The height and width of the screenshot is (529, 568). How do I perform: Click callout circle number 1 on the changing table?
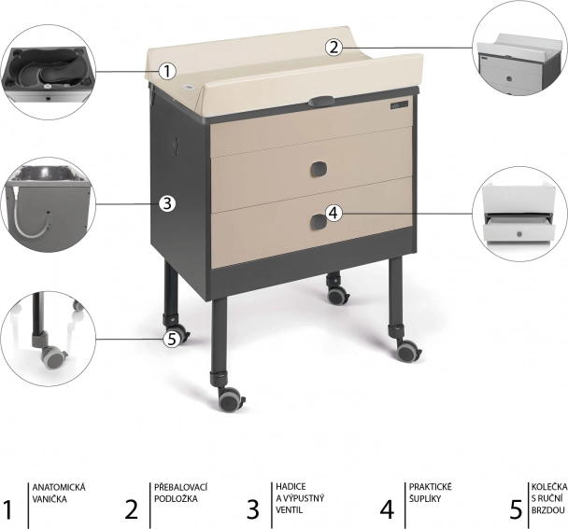coord(167,71)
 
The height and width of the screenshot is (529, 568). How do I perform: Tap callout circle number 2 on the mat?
coord(334,48)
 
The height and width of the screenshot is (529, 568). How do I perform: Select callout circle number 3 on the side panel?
coord(167,203)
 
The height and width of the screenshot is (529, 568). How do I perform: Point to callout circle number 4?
coord(334,213)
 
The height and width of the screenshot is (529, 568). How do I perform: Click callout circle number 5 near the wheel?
coord(172,340)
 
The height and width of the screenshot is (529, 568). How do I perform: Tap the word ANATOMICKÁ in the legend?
coord(59,487)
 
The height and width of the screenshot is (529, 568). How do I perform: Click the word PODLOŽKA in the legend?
coord(176,498)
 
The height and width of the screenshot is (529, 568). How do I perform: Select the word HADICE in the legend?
coord(291,486)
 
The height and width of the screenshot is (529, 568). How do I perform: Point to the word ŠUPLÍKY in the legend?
coord(425,498)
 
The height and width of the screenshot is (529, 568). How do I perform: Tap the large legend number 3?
coord(253,509)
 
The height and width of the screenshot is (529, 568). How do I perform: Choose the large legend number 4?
coord(387,509)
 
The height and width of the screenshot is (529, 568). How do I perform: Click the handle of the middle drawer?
coord(319,169)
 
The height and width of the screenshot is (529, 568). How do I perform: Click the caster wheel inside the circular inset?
coord(53,356)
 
